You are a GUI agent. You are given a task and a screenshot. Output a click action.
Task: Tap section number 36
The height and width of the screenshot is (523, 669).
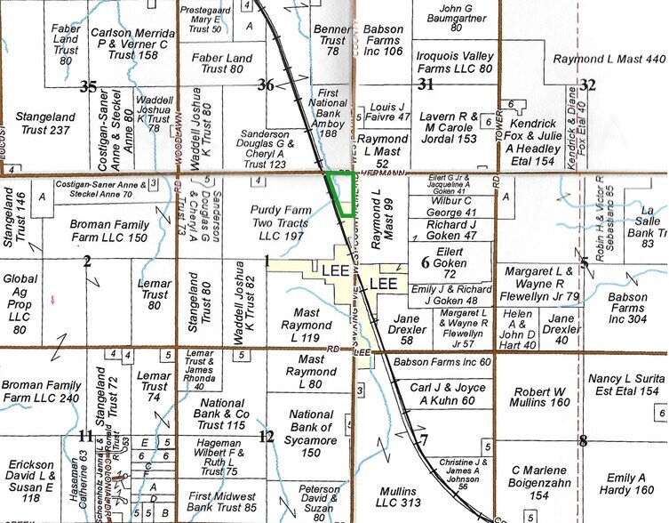point(266,85)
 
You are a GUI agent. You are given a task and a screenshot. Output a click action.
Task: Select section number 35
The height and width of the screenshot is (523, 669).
point(87,86)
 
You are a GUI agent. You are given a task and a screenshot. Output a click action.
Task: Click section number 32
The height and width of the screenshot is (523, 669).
point(587,84)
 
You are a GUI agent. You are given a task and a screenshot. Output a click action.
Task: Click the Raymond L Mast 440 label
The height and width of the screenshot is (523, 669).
point(609,59)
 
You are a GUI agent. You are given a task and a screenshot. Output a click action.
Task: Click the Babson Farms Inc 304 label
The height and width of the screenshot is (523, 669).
point(629,305)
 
